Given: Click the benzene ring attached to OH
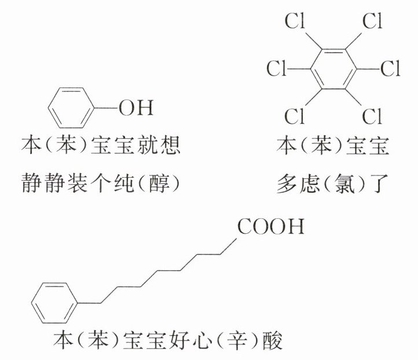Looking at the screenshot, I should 69,108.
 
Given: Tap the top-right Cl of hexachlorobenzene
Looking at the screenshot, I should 372,23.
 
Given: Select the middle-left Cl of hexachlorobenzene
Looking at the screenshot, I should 277,69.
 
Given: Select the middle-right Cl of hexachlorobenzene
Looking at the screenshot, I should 390,69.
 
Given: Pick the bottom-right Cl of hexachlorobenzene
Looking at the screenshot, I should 372,116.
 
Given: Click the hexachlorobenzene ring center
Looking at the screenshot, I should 333,69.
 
